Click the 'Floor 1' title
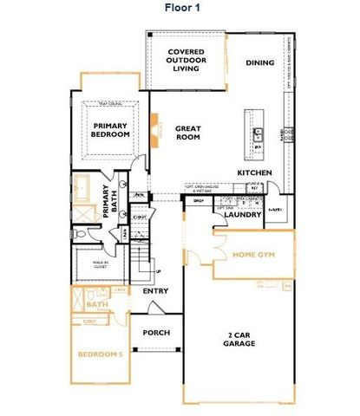click(184, 8)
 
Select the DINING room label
click(259, 62)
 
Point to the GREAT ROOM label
click(188, 133)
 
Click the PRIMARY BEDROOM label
click(111, 129)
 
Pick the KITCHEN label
click(255, 172)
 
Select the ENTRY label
click(155, 291)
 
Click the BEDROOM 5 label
click(98, 356)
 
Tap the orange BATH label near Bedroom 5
click(97, 304)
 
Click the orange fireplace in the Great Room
click(154, 127)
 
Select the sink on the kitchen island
click(258, 134)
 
